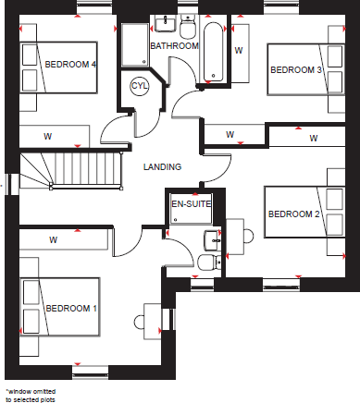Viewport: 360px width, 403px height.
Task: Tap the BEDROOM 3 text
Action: [x=295, y=70]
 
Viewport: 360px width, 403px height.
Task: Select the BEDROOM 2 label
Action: [x=293, y=214]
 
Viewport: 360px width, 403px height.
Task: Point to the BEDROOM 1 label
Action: [x=71, y=308]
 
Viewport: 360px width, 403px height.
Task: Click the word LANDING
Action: [x=162, y=166]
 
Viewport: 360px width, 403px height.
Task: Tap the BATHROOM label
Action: [x=175, y=45]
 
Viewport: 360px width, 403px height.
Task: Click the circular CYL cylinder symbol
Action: [x=140, y=86]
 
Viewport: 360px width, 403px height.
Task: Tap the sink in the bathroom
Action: [x=165, y=23]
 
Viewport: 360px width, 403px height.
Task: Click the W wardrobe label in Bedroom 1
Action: [x=53, y=239]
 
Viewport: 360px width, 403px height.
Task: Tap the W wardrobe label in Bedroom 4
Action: [x=46, y=135]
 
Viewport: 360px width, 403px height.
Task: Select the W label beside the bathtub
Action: [x=238, y=50]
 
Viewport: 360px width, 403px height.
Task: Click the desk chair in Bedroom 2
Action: [x=247, y=234]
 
